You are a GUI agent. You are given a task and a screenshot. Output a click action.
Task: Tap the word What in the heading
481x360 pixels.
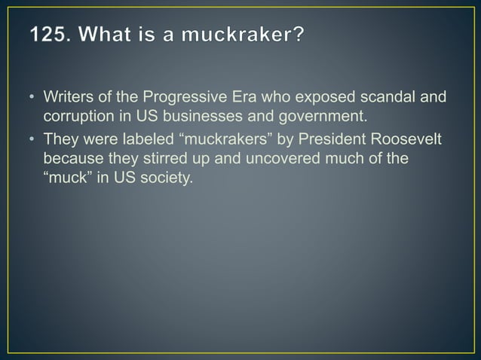point(108,35)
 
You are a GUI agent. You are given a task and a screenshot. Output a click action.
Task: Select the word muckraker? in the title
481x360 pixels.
point(247,35)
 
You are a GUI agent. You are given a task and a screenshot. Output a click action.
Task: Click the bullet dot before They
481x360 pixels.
point(34,141)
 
